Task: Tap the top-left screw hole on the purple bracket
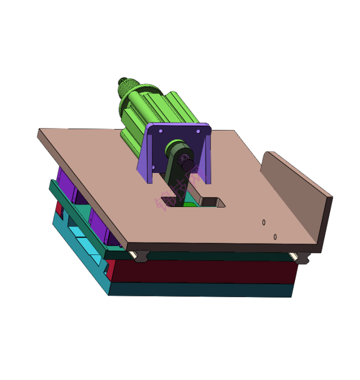[x=160, y=131]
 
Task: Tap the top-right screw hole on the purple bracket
[x=198, y=131]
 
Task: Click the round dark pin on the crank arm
[x=188, y=163]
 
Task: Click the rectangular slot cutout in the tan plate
[x=212, y=202]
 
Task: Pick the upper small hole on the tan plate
[x=264, y=222]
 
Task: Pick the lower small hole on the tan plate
[x=275, y=236]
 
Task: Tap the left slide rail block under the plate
[x=139, y=255]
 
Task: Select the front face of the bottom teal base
[x=200, y=290]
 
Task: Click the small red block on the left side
[x=58, y=207]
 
